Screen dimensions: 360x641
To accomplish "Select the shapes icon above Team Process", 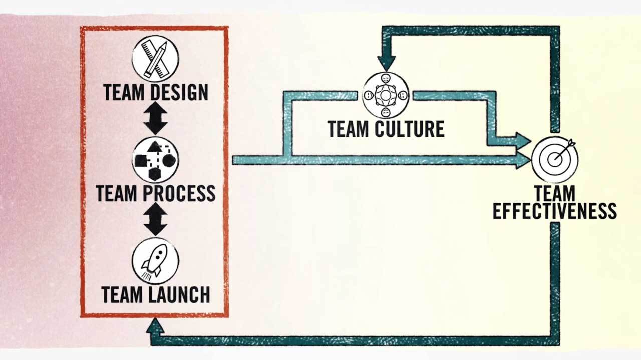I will coord(155,159).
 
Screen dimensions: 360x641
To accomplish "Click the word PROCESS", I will coord(178,193).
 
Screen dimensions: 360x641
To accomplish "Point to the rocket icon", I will coord(155,261).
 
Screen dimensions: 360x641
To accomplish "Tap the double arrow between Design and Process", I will coord(155,118).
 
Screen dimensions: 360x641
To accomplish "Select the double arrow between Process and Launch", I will coord(155,219).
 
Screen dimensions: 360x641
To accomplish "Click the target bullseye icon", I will coord(555,159).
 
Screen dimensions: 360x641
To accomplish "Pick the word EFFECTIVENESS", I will coord(554,211).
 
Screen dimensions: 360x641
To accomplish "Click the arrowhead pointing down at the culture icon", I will coord(386,63).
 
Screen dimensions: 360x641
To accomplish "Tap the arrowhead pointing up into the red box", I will coord(155,325).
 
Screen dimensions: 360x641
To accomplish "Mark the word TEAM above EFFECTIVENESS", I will coord(554,193).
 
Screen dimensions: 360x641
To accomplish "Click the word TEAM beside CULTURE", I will coord(349,129).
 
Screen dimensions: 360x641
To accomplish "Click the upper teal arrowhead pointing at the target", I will coord(523,140).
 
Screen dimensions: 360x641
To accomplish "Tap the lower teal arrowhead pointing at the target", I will coord(523,160).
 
